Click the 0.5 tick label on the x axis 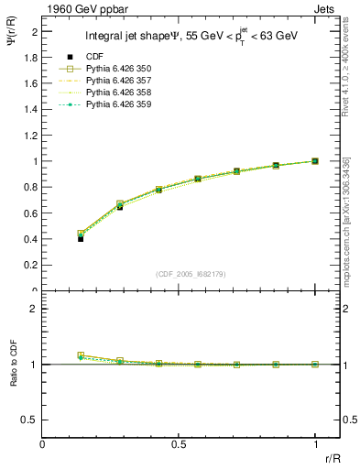179,444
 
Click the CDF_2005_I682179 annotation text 179,274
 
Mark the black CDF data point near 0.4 81,239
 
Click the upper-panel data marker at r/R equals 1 314,161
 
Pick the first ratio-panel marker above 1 81,355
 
